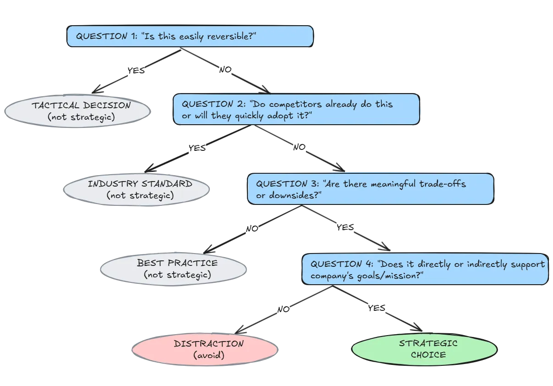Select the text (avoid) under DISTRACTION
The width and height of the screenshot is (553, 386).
click(x=208, y=355)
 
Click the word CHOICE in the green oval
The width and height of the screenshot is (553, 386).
click(x=428, y=354)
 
